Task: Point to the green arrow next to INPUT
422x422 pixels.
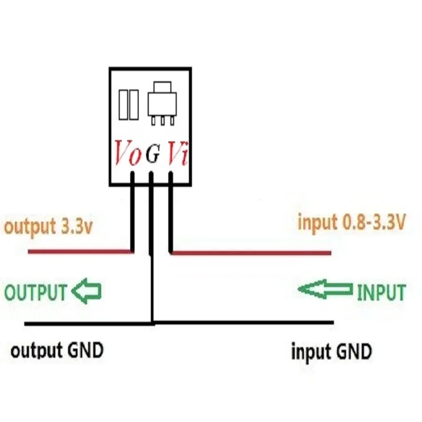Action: [325, 289]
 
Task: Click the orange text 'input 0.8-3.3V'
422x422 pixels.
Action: [351, 223]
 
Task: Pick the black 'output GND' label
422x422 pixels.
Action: [57, 350]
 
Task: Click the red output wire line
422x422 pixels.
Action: [79, 253]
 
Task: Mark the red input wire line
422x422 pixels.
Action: [253, 253]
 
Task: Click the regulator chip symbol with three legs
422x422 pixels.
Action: [160, 102]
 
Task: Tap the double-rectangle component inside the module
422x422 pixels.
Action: [129, 104]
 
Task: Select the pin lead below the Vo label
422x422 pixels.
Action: [133, 211]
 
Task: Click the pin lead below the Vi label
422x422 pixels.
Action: [171, 211]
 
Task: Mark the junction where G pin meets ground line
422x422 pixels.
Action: [152, 322]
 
